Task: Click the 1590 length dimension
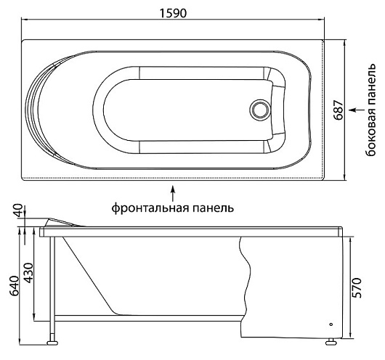tap(173, 13)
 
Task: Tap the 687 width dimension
tap(339, 110)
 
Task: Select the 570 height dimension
tap(357, 288)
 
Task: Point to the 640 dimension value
tap(15, 286)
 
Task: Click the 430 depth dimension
tap(28, 273)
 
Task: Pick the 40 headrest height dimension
tap(19, 210)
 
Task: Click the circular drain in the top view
tap(260, 110)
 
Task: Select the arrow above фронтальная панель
tap(173, 193)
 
